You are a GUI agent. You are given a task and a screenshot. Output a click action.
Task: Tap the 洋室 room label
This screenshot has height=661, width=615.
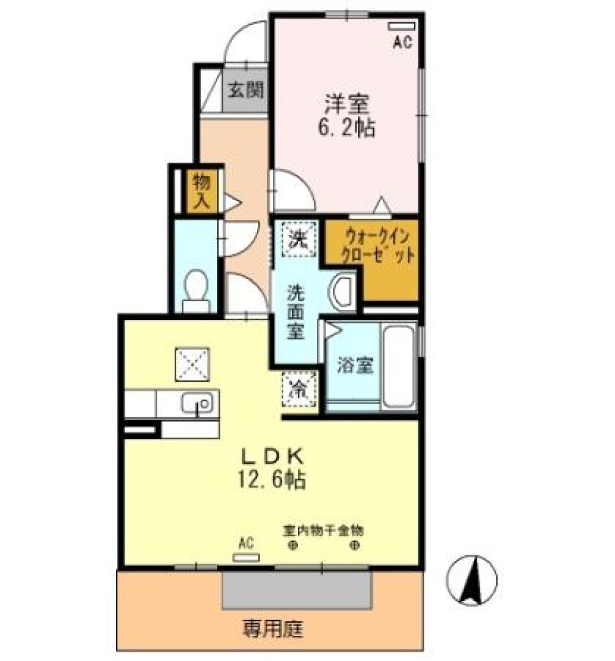coord(348,103)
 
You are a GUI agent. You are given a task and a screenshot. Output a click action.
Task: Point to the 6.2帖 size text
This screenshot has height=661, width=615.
coord(347,127)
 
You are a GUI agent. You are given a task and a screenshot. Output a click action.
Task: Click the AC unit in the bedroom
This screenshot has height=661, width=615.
coord(401,27)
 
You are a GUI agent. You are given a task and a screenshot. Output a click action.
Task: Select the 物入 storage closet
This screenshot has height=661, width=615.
coord(201,191)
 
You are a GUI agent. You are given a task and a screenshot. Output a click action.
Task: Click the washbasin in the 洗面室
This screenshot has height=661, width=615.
coord(344,291)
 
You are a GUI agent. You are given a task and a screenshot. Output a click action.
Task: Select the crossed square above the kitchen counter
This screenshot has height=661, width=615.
coord(192,364)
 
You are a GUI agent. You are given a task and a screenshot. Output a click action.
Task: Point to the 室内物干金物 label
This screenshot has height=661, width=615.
coord(324,530)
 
